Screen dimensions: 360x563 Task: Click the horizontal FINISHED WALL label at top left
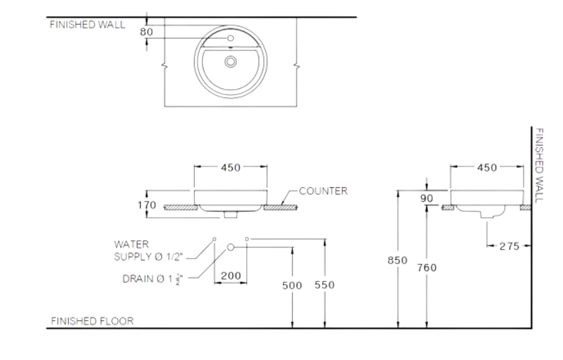[87, 26]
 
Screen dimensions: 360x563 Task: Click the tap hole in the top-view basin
[230, 39]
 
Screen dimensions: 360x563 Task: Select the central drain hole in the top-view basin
[230, 62]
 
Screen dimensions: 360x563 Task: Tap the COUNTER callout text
[323, 192]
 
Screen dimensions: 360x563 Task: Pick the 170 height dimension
[147, 205]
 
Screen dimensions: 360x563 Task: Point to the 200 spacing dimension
[230, 276]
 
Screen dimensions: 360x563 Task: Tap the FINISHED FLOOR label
[92, 321]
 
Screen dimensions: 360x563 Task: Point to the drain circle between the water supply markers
[230, 247]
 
